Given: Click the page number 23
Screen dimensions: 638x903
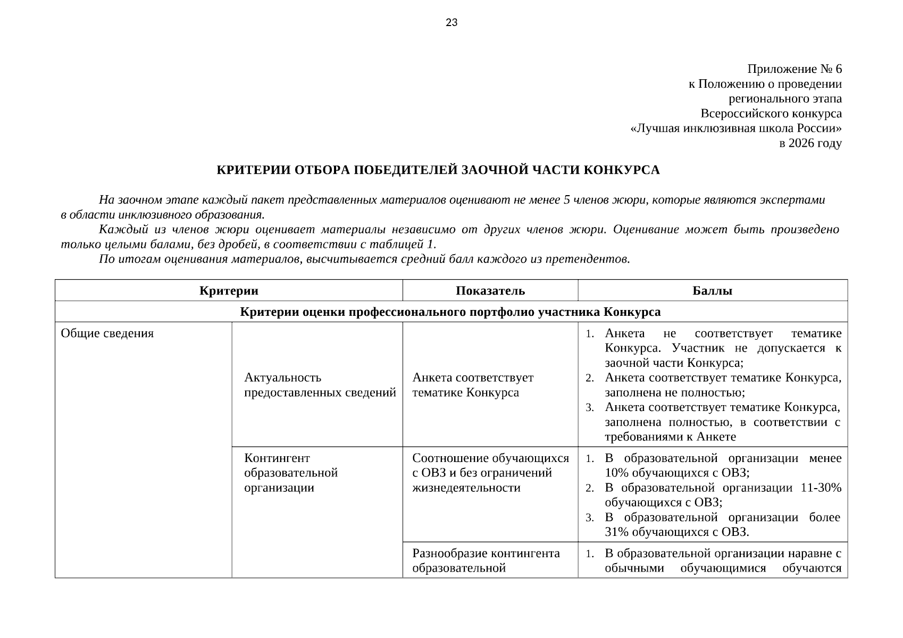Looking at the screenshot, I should [x=451, y=22].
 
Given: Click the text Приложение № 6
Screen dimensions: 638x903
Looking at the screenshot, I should [x=795, y=69].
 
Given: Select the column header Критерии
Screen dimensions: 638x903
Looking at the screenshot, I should [x=229, y=291].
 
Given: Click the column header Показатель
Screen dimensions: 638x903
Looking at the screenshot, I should [x=490, y=291].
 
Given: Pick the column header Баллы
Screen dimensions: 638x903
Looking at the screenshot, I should [x=713, y=291].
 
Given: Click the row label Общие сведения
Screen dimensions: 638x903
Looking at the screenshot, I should [x=107, y=333].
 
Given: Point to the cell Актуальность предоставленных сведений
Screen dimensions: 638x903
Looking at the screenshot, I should [x=320, y=385].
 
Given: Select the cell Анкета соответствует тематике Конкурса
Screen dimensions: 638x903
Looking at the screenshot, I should [x=473, y=385].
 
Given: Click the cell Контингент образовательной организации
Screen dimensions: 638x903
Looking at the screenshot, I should [x=291, y=473].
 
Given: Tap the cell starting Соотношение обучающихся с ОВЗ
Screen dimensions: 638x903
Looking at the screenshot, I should [x=490, y=473].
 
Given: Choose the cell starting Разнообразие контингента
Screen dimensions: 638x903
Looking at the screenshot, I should [x=486, y=560].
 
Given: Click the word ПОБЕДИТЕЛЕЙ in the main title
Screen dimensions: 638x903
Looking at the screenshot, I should [x=404, y=170].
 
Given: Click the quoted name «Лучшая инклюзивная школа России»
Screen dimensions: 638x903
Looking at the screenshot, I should [x=735, y=129].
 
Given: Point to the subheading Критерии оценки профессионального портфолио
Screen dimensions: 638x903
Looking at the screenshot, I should [x=450, y=312].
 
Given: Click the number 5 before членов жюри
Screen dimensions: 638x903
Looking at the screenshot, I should [x=567, y=200].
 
